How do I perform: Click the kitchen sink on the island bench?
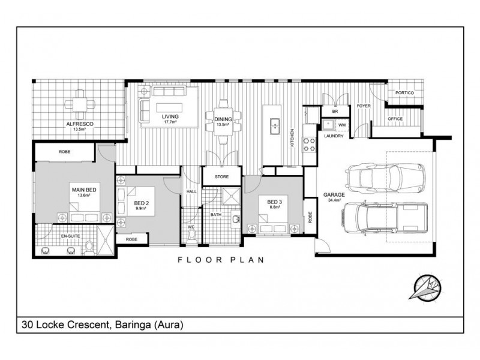click(274, 126)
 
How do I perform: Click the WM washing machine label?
click(342, 125)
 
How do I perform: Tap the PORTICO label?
click(404, 93)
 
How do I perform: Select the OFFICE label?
click(395, 119)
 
